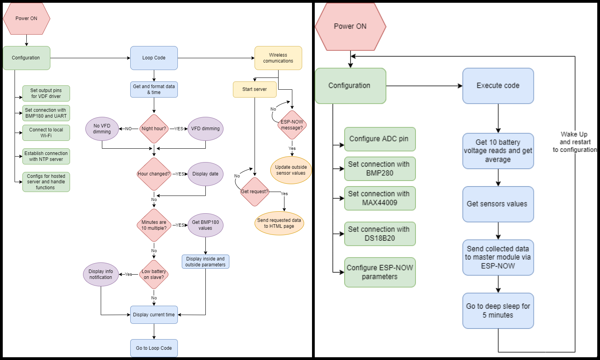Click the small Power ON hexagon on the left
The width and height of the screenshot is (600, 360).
26,18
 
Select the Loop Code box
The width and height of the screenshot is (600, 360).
154,58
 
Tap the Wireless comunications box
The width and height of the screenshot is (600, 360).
278,58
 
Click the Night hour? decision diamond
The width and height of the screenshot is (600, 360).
154,129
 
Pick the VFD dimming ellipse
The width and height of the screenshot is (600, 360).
205,129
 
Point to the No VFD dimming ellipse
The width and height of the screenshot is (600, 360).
102,129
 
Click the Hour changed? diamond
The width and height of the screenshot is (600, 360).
154,174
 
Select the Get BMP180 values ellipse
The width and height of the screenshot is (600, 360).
205,225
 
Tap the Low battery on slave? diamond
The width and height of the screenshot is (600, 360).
154,274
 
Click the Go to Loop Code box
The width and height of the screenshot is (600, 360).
154,348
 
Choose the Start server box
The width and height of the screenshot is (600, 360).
255,89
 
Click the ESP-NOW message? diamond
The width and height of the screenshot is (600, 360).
292,125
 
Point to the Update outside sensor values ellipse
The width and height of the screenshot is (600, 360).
291,170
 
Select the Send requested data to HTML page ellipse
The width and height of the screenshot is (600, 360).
279,223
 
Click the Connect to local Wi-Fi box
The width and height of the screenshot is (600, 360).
46,133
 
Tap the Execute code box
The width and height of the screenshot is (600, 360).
498,86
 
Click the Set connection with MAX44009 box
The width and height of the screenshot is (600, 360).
380,198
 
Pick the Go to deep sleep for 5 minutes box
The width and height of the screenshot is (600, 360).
498,310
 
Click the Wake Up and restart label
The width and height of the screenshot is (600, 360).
575,142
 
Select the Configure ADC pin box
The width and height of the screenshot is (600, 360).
380,139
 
